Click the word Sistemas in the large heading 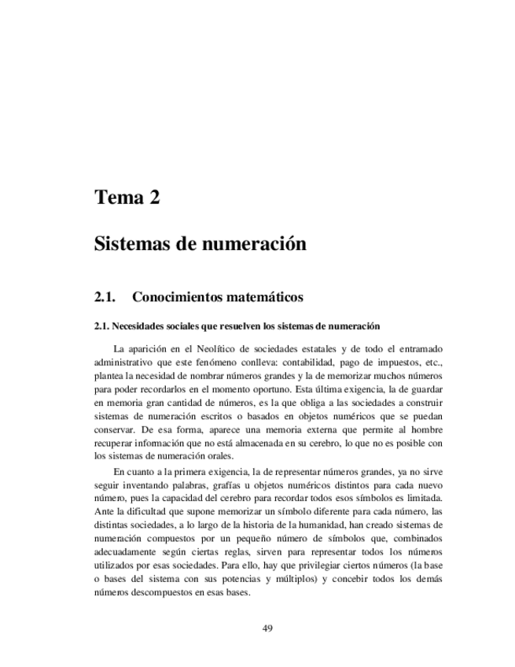(x=133, y=244)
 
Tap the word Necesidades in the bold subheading (x=140, y=326)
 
